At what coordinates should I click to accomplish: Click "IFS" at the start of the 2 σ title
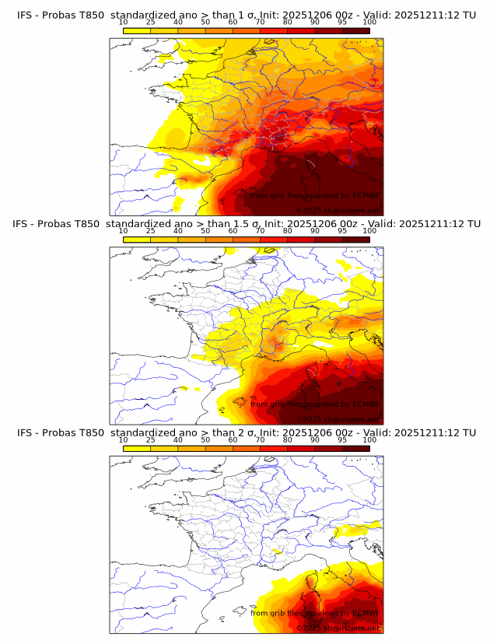coord(25,432)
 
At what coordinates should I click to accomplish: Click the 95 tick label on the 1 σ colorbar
coord(342,22)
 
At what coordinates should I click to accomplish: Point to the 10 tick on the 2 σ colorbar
coord(124,439)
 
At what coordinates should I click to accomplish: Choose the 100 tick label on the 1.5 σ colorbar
coord(369,231)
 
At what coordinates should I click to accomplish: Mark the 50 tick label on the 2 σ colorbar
coord(205,439)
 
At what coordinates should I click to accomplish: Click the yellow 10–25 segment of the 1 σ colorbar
coord(137,30)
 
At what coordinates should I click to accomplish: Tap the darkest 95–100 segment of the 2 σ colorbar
coord(355,448)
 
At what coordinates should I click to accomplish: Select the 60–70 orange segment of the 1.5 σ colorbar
coord(246,240)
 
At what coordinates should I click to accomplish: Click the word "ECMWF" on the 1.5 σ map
coord(366,404)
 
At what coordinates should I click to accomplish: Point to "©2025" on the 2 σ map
coord(309,628)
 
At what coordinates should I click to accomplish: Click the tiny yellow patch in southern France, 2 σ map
coord(276,551)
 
